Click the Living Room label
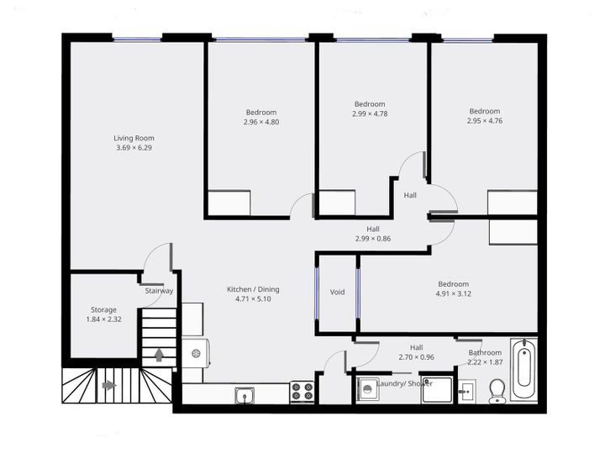pyautogui.click(x=134, y=138)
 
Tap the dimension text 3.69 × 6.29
pyautogui.click(x=134, y=148)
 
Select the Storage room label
pyautogui.click(x=104, y=309)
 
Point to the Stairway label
pyautogui.click(x=159, y=291)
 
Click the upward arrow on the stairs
pyautogui.click(x=159, y=354)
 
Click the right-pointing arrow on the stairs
pyautogui.click(x=108, y=386)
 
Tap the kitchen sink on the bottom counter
pyautogui.click(x=245, y=393)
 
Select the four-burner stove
pyautogui.click(x=302, y=392)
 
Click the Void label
pyautogui.click(x=337, y=293)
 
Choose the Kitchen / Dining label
pyautogui.click(x=253, y=289)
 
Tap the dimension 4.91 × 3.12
pyautogui.click(x=452, y=294)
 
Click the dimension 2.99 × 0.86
pyautogui.click(x=373, y=239)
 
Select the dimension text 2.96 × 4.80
pyautogui.click(x=260, y=122)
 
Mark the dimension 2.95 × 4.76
pyautogui.click(x=484, y=121)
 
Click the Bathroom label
pyautogui.click(x=485, y=352)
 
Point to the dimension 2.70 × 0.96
pyautogui.click(x=416, y=357)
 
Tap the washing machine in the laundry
pyautogui.click(x=367, y=389)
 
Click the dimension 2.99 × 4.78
pyautogui.click(x=370, y=113)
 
